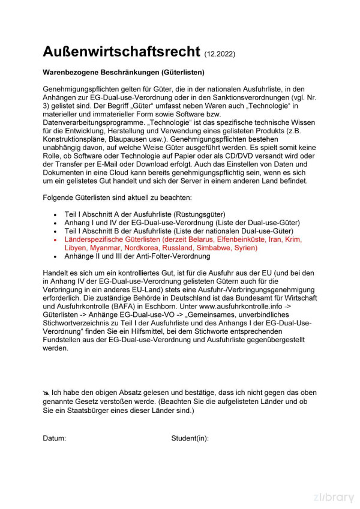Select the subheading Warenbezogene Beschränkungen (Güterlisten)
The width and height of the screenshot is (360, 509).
pyautogui.click(x=124, y=73)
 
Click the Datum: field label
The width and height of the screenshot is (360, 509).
pyautogui.click(x=54, y=438)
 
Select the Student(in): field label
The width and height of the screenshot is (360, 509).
pyautogui.click(x=190, y=438)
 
